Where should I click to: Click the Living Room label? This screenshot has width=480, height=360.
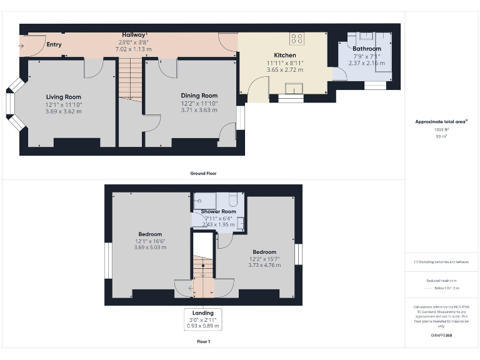[x=64, y=97]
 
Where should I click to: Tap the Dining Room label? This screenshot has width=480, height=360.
[x=199, y=96]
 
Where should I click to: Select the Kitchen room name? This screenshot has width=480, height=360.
[x=285, y=56]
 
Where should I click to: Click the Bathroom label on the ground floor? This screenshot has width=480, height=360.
[x=366, y=49]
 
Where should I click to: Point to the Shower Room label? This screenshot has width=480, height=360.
[x=218, y=212]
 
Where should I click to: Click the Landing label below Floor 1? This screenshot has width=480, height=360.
[x=202, y=312]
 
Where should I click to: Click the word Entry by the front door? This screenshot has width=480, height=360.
[x=54, y=44]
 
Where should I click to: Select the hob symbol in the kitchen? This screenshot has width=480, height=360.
[x=296, y=39]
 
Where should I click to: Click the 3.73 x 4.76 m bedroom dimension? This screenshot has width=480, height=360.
[x=264, y=265]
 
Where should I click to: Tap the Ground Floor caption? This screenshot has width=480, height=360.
[x=204, y=173]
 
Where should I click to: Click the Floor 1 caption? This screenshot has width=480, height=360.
[x=203, y=342]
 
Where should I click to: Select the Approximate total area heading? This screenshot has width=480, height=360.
[x=441, y=121]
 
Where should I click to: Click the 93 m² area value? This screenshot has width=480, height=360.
[x=441, y=136]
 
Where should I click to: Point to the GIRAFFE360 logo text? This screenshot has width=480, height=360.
[x=441, y=336]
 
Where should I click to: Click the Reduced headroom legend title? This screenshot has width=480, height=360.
[x=441, y=281]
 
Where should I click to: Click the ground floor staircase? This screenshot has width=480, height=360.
[x=130, y=78]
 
